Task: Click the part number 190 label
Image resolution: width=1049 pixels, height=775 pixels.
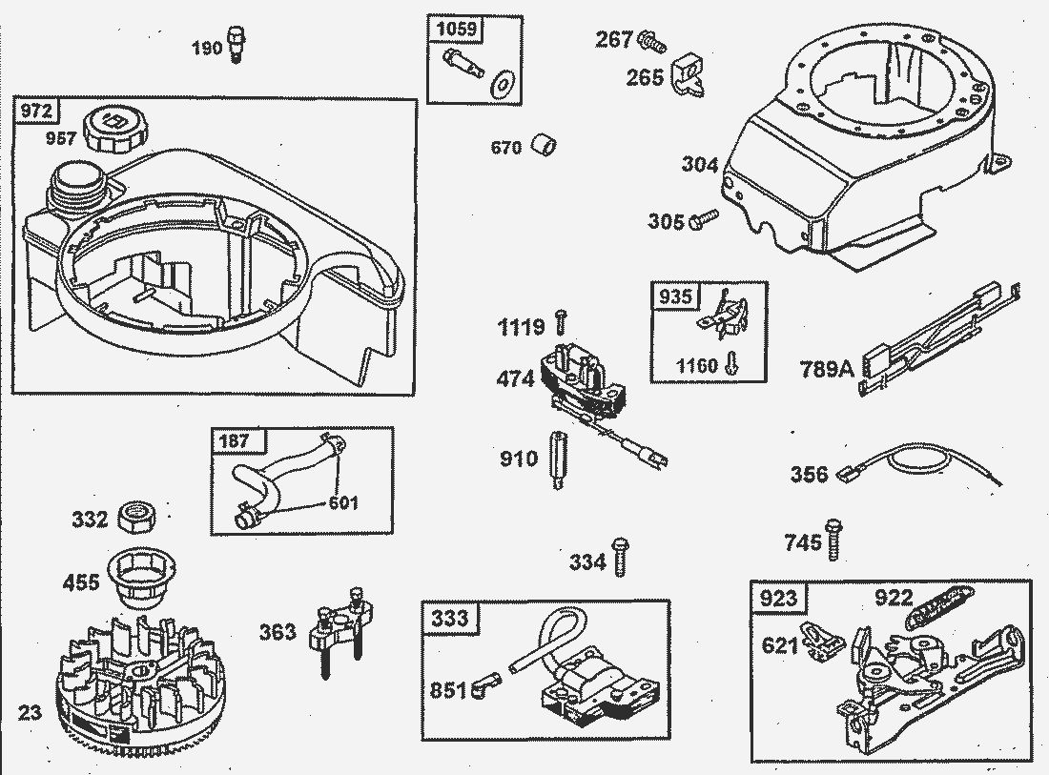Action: click(x=206, y=48)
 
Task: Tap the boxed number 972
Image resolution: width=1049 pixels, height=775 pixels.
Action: click(x=35, y=112)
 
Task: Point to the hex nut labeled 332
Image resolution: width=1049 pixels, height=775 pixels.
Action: click(x=137, y=518)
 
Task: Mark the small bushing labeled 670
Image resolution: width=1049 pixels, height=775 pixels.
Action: click(x=544, y=147)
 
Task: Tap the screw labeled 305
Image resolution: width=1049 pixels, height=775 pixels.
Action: click(x=702, y=220)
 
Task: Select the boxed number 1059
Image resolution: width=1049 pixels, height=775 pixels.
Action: click(x=456, y=30)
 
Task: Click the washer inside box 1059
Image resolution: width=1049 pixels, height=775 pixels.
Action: click(x=500, y=82)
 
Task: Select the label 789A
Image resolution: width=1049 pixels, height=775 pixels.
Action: click(x=828, y=367)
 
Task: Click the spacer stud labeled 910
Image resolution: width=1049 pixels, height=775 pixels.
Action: click(x=555, y=459)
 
